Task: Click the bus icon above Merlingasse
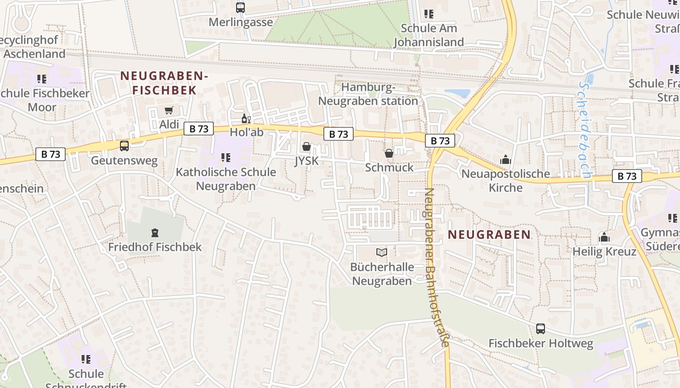point(240,8)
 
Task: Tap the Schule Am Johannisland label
point(428,35)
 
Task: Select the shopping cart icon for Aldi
point(169,111)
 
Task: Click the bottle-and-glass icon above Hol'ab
point(246,119)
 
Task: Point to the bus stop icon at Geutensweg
point(124,146)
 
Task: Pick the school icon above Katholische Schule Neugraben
point(225,158)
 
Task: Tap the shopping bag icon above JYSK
point(306,146)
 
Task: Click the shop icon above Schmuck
point(389,154)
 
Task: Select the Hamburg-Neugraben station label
point(368,94)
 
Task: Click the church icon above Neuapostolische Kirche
point(506,160)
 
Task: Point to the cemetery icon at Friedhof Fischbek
point(155,233)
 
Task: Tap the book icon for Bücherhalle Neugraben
point(382,253)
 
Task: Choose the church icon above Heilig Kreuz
point(604,237)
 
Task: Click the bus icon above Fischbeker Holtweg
point(541,329)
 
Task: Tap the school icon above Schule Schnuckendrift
point(86,359)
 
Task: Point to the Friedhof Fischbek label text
point(154,247)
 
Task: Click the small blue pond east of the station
point(458,93)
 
